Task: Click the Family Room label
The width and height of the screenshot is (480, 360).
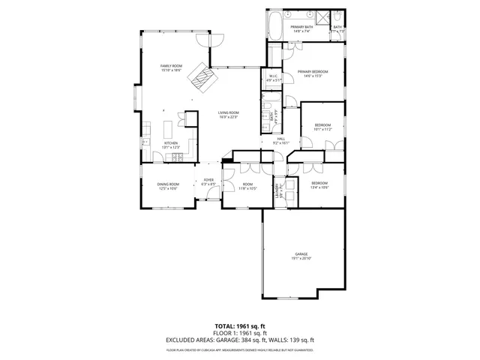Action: click(x=172, y=67)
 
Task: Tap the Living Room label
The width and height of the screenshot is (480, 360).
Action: click(x=229, y=112)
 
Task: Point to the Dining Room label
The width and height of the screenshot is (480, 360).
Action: click(x=168, y=186)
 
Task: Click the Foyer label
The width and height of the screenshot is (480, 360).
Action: click(x=208, y=181)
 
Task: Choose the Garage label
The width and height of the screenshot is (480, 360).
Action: click(x=302, y=256)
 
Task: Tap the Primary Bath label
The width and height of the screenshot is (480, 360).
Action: click(x=301, y=28)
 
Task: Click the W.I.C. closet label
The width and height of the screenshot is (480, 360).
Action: click(x=274, y=78)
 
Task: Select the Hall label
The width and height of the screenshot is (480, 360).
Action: click(x=281, y=140)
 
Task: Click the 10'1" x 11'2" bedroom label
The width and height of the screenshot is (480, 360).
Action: click(x=322, y=126)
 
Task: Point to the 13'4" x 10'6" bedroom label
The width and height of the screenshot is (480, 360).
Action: click(x=319, y=185)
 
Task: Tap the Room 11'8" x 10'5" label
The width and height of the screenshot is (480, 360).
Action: click(x=247, y=186)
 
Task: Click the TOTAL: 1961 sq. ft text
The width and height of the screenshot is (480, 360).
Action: click(x=239, y=326)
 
